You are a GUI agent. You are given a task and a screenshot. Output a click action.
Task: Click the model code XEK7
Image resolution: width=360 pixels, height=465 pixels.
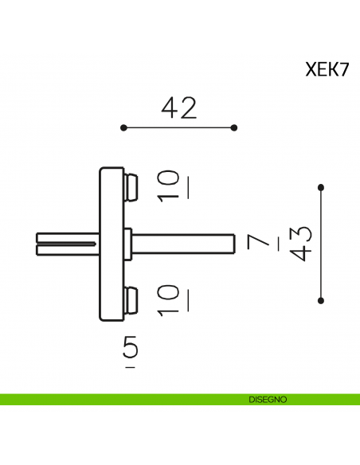pos(327,69)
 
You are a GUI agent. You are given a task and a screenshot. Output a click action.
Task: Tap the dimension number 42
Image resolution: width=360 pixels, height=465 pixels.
pos(178,108)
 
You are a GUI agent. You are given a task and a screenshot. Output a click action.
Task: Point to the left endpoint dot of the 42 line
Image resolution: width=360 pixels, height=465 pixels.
pos(123,127)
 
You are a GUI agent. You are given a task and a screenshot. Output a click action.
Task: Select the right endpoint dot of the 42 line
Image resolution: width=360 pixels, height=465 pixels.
pos(234,127)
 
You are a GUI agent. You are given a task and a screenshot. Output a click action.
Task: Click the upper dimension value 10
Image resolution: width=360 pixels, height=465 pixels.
pos(170,185)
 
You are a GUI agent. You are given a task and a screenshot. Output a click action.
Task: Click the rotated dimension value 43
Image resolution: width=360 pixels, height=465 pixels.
pos(301,243)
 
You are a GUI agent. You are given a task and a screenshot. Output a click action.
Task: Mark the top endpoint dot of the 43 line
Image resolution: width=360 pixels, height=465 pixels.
pos(321,187)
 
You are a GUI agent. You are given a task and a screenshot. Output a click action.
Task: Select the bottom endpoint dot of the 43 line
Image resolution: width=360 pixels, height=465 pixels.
pos(321,300)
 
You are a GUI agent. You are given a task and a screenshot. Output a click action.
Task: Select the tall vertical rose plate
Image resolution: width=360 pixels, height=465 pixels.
pos(110,243)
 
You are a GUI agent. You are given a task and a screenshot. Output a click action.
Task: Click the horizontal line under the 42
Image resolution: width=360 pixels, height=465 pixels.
pos(178,127)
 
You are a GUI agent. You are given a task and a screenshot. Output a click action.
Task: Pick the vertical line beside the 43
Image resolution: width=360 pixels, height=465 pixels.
pos(321,244)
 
